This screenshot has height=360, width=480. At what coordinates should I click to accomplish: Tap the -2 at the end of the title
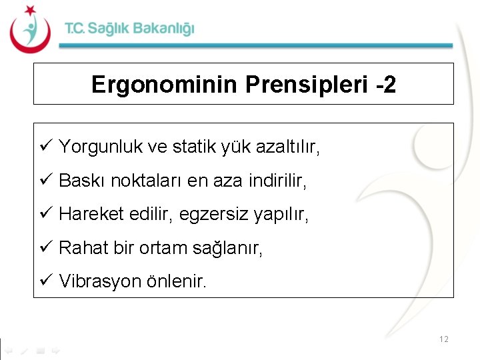click(385, 85)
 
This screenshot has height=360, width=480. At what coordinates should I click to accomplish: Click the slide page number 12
click(444, 339)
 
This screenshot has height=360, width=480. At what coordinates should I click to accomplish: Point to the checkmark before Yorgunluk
click(46, 147)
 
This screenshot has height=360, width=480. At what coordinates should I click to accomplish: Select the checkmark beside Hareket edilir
click(46, 214)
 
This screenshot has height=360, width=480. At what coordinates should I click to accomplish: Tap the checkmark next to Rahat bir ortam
click(46, 248)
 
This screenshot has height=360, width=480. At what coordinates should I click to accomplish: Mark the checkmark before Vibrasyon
click(46, 281)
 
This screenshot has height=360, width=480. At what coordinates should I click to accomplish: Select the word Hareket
click(87, 215)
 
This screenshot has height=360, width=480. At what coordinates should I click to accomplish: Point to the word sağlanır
click(227, 249)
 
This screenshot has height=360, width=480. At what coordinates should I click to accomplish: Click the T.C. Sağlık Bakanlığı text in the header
click(129, 29)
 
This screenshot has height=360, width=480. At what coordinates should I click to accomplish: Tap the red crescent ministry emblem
click(29, 29)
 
